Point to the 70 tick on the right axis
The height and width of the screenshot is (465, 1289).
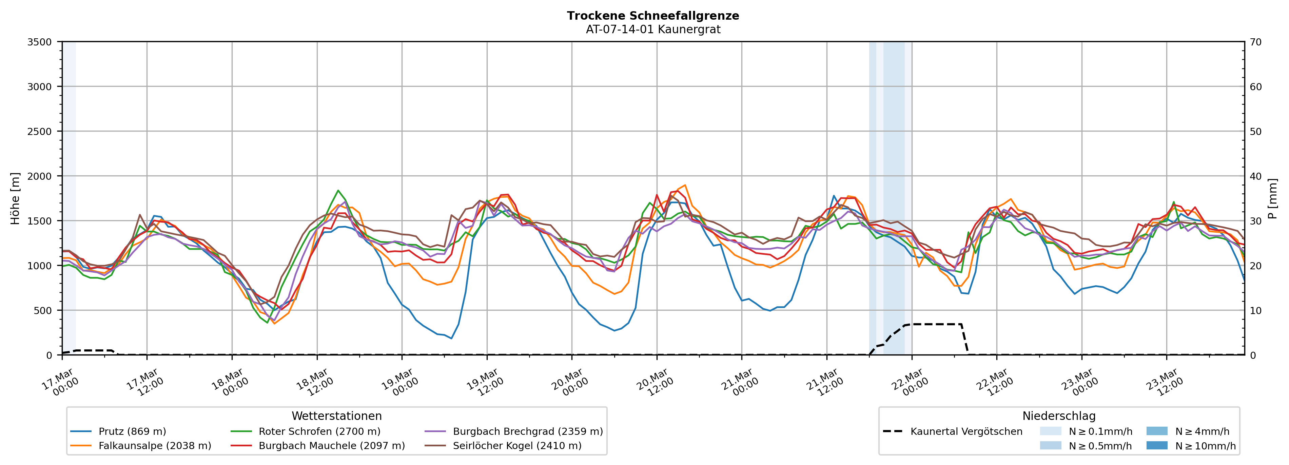click(1256, 42)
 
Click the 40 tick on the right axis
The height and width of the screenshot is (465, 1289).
click(1256, 176)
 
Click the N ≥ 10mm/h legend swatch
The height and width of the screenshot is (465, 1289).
click(1157, 445)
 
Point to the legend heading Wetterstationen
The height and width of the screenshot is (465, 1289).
click(336, 416)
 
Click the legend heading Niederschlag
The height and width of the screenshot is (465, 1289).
click(1059, 416)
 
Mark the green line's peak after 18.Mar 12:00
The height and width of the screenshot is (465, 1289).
click(338, 190)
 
